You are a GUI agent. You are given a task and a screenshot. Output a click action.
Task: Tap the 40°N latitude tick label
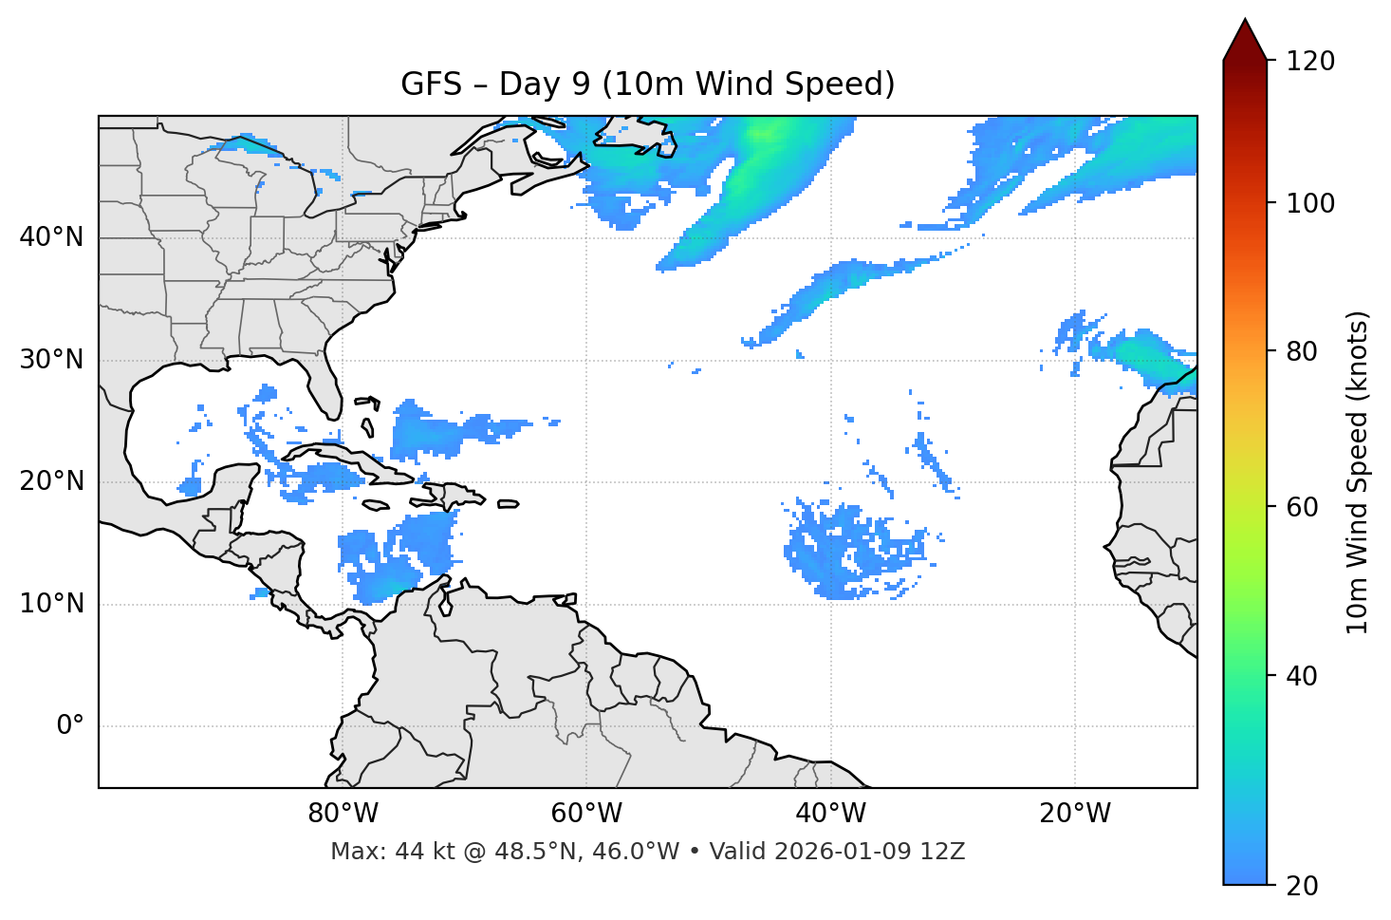(x=51, y=236)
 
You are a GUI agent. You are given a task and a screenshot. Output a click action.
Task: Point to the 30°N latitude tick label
(x=51, y=359)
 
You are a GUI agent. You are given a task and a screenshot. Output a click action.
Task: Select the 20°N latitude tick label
(x=51, y=481)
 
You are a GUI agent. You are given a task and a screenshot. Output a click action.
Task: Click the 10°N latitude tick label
(x=51, y=604)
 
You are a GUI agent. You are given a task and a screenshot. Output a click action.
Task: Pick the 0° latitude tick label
(x=70, y=726)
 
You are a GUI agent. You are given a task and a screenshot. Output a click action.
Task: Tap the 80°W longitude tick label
(x=343, y=814)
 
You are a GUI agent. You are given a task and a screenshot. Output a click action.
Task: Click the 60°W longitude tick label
(x=586, y=814)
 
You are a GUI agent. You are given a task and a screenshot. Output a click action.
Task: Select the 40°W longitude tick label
(x=830, y=814)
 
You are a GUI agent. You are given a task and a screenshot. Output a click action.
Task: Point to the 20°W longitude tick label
(x=1074, y=814)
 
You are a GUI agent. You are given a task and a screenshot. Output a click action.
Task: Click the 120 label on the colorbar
(x=1310, y=61)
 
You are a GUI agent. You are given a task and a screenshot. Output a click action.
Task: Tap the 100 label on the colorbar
(x=1310, y=203)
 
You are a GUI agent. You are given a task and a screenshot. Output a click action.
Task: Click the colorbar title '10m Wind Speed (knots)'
(x=1358, y=472)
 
